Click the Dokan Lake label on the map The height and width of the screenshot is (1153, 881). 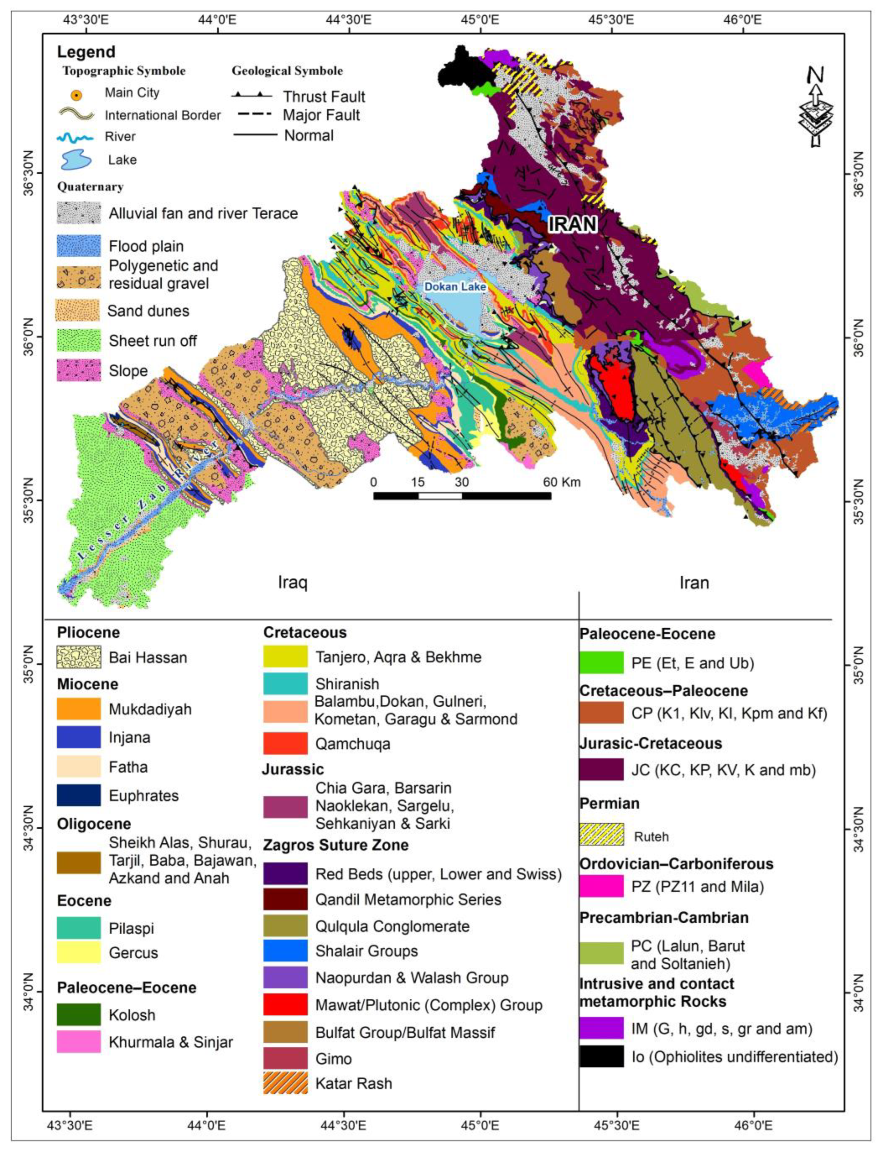coord(455,287)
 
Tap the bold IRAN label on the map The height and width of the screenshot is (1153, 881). coord(573,224)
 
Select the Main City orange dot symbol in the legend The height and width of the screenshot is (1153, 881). coord(77,95)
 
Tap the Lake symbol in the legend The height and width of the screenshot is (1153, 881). coord(77,159)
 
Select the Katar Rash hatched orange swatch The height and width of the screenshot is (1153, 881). coord(285,1083)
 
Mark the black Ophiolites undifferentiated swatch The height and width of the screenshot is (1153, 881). coord(602,1056)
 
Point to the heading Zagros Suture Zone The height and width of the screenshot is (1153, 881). coord(336,845)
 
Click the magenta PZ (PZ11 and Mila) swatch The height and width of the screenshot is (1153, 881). coord(602,887)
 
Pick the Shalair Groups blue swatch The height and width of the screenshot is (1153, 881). coord(285,951)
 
